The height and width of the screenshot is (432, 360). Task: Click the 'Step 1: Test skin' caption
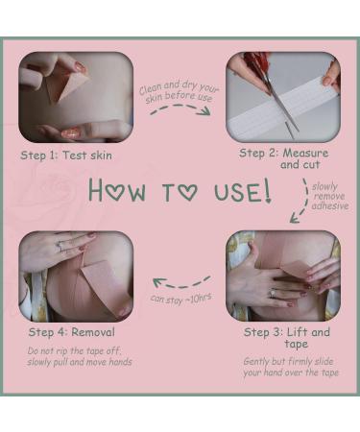pyautogui.click(x=66, y=156)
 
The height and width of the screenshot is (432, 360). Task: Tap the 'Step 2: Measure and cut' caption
pyautogui.click(x=284, y=158)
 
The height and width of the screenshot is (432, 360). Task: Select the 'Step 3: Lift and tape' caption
pyautogui.click(x=287, y=338)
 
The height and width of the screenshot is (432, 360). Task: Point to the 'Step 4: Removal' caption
pyautogui.click(x=71, y=332)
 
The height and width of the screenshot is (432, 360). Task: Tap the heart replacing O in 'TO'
pyautogui.click(x=188, y=193)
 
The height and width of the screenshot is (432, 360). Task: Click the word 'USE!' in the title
pyautogui.click(x=243, y=191)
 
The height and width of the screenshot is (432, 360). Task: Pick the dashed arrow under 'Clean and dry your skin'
pyautogui.click(x=180, y=107)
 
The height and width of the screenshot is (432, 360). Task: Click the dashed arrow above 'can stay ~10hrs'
pyautogui.click(x=180, y=284)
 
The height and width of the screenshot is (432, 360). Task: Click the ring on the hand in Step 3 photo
pyautogui.click(x=273, y=293)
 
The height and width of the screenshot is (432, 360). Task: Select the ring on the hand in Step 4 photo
pyautogui.click(x=60, y=246)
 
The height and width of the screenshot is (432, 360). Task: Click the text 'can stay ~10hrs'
pyautogui.click(x=180, y=299)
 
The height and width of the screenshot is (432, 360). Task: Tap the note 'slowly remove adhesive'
pyautogui.click(x=329, y=196)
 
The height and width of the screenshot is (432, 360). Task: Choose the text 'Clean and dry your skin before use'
pyautogui.click(x=179, y=91)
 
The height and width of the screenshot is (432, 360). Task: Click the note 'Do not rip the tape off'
pyautogui.click(x=74, y=350)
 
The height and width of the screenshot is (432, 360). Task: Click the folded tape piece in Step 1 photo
pyautogui.click(x=64, y=84)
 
